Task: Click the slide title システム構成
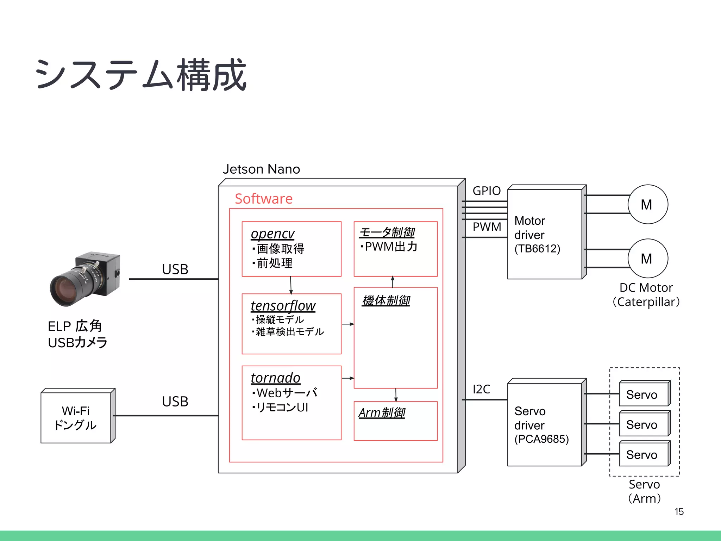coord(141,75)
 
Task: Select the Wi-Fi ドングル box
coord(76,418)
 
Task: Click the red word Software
coord(264,199)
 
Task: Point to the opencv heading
coord(272,234)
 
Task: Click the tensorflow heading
coord(283,306)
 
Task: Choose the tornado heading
coord(275,378)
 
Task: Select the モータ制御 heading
coord(387,232)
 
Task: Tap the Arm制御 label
coord(382,412)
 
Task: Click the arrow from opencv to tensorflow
coord(291,285)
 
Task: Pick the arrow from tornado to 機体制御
coord(347,378)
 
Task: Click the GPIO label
coord(487,191)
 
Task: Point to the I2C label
coord(481,389)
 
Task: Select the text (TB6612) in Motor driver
coord(537,249)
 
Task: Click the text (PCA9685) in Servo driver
coord(541,439)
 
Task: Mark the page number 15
coord(679,512)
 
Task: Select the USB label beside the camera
coord(175,269)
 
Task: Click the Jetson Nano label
coord(261,169)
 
